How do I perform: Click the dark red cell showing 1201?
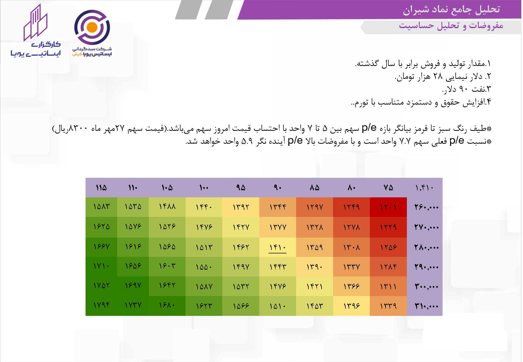click(x=388, y=207)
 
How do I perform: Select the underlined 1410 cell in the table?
click(x=278, y=247)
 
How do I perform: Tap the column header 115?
click(x=101, y=187)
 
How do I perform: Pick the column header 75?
click(x=388, y=187)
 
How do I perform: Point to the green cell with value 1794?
click(x=101, y=306)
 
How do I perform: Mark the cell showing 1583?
click(x=101, y=207)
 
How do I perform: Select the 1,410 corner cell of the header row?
click(x=425, y=187)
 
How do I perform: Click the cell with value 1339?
click(x=388, y=306)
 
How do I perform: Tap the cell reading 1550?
click(x=204, y=267)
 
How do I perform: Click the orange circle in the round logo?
click(x=92, y=27)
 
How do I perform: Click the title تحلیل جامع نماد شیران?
click(x=451, y=9)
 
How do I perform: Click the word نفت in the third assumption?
click(x=478, y=89)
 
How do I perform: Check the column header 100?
click(x=204, y=187)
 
